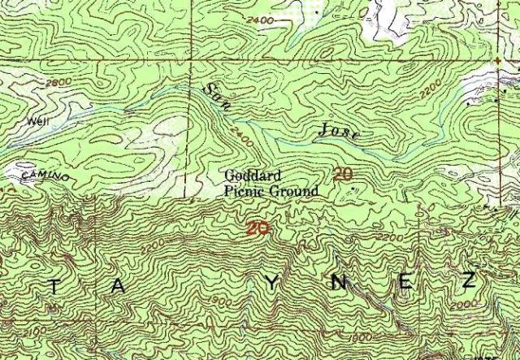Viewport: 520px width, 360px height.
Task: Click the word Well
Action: [x=33, y=121]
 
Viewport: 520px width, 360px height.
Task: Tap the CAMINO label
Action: [x=39, y=176]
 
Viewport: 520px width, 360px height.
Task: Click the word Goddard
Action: [x=251, y=175]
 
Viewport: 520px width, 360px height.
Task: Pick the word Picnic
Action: [x=243, y=192]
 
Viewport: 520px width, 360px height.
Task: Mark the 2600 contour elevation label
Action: [x=58, y=84]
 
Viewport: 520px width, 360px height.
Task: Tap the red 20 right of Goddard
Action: [x=343, y=174]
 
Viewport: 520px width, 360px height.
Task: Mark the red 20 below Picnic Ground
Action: [x=258, y=229]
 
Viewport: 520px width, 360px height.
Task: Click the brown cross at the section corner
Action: [x=496, y=61]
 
